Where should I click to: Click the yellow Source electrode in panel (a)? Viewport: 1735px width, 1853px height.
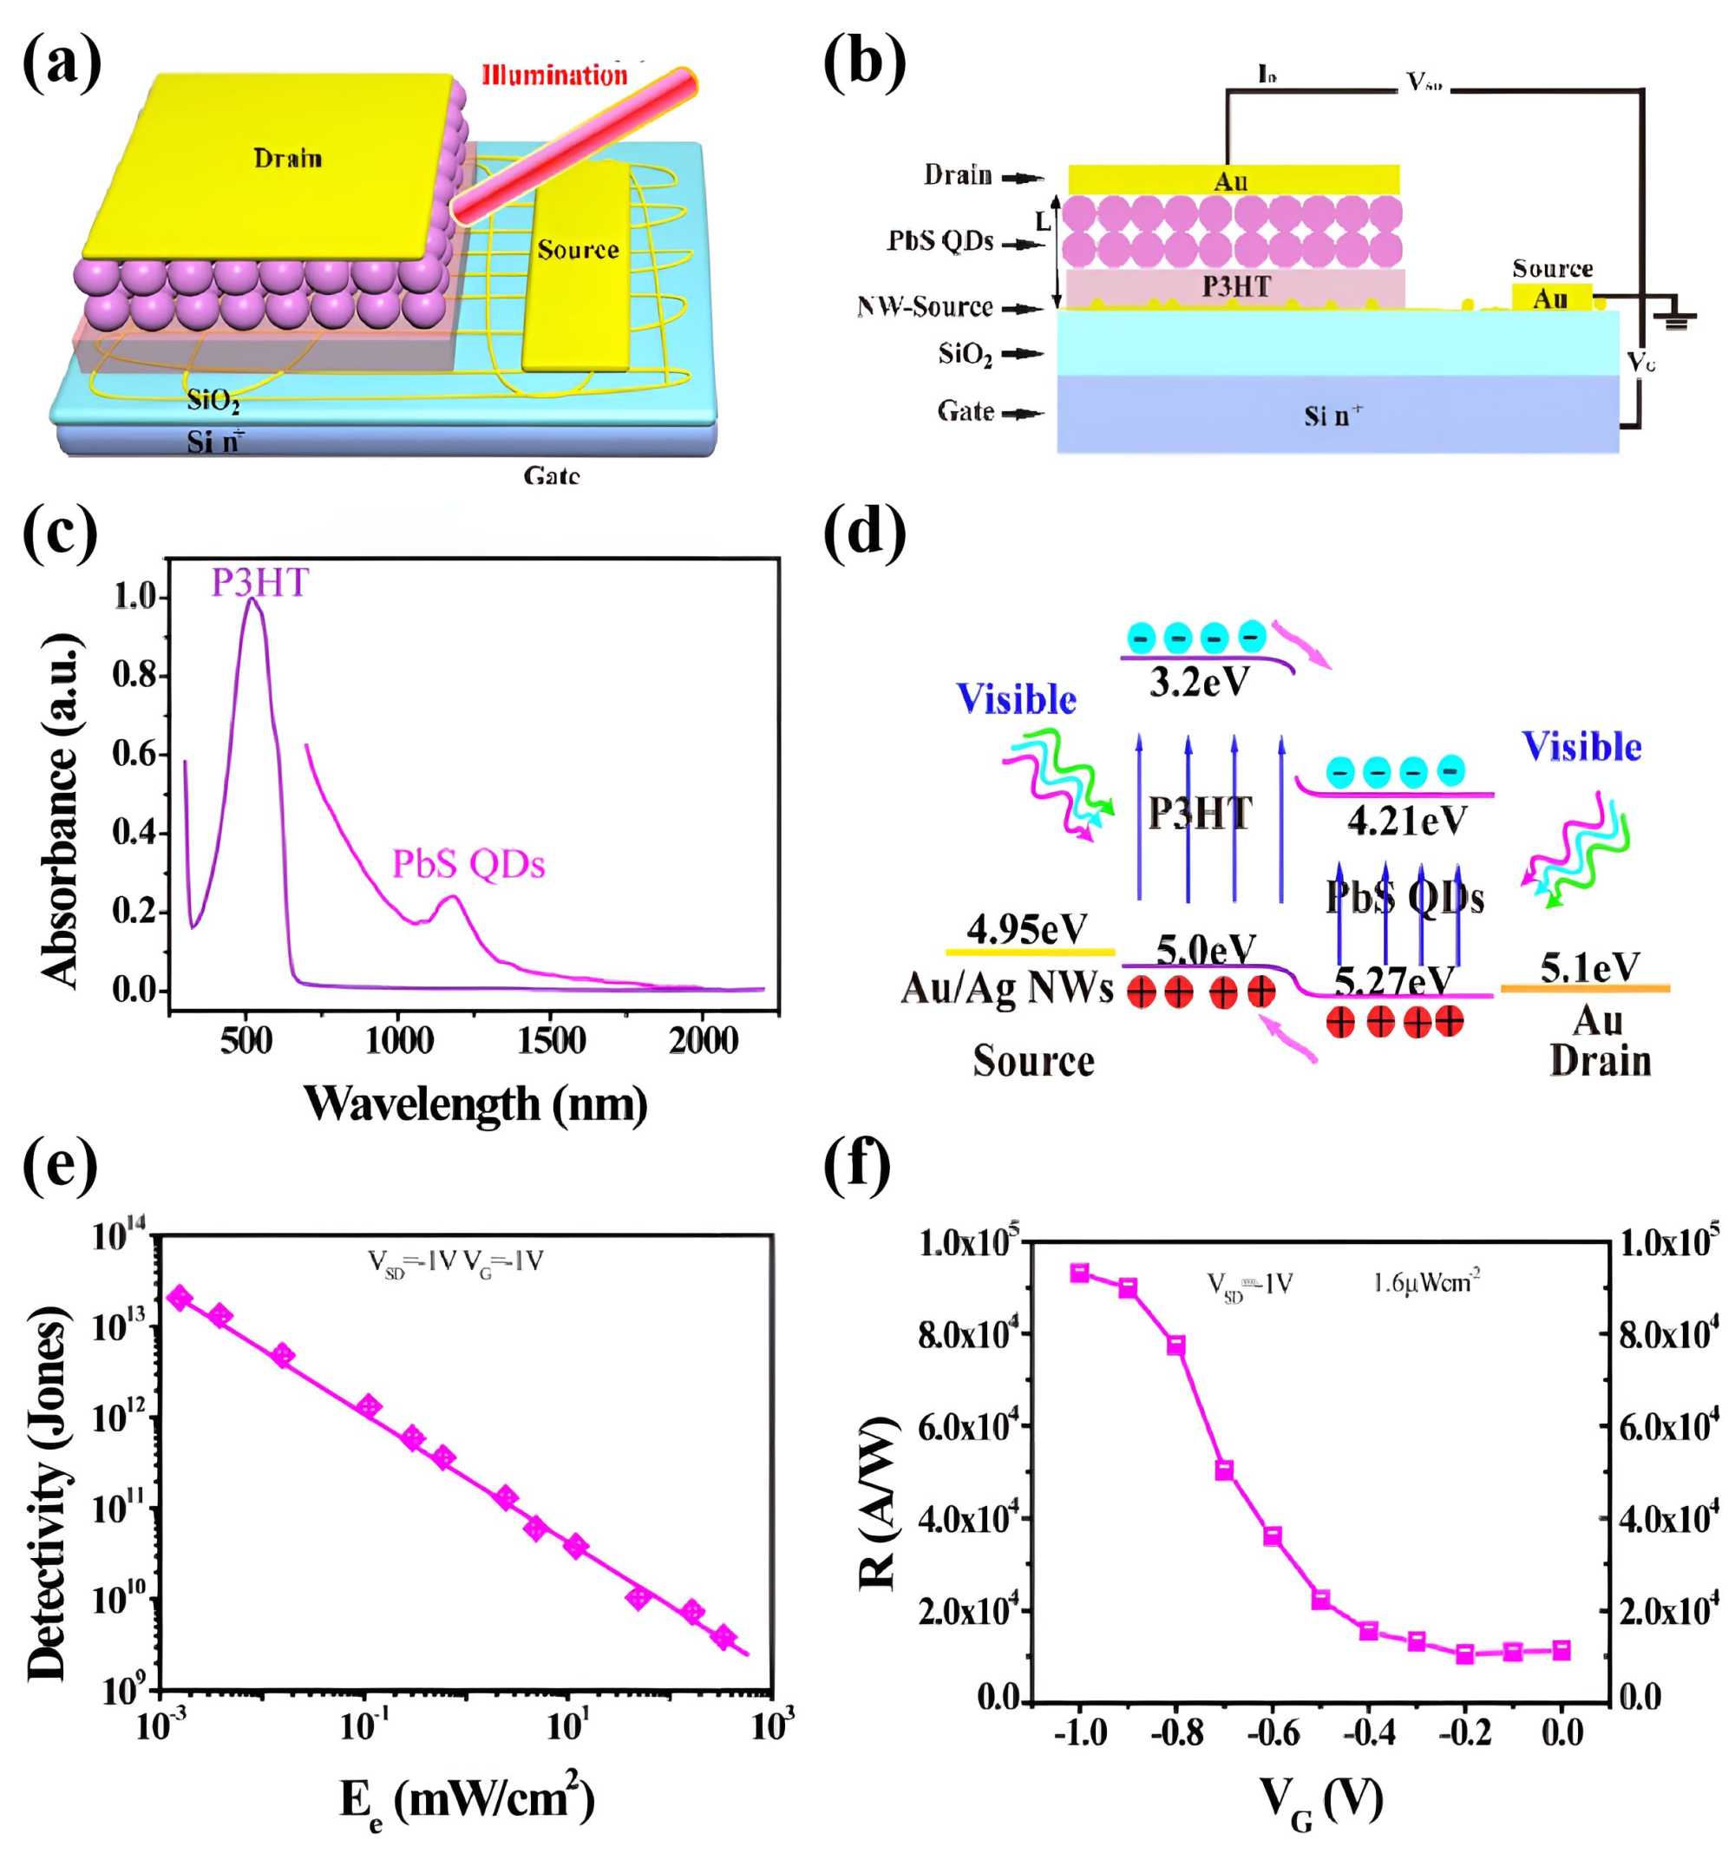point(577,271)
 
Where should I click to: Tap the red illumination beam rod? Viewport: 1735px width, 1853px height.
point(573,145)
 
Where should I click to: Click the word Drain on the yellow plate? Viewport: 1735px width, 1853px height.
point(287,158)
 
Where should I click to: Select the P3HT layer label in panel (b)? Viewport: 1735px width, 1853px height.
point(1234,286)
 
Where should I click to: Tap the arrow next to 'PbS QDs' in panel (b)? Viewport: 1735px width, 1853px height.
point(1023,245)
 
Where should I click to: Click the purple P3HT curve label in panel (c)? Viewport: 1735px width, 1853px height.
point(259,583)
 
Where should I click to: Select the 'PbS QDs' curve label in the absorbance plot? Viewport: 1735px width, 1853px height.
point(468,864)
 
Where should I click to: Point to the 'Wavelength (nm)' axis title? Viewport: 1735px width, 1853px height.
point(475,1103)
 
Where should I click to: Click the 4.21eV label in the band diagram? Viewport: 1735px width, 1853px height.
point(1406,822)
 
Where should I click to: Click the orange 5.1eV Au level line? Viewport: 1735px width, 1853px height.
point(1585,988)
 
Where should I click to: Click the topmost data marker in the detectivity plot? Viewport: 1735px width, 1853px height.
point(178,1299)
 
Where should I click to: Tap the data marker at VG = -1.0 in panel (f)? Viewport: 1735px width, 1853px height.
point(1079,1274)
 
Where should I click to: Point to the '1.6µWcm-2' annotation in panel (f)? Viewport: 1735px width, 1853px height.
point(1426,1284)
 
